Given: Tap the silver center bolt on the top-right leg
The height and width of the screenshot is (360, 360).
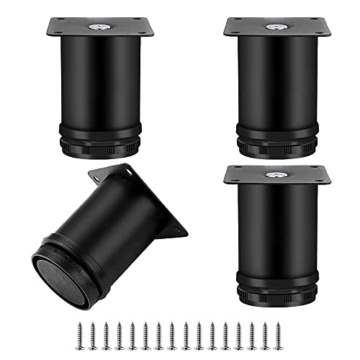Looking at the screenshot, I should (x=277, y=27).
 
